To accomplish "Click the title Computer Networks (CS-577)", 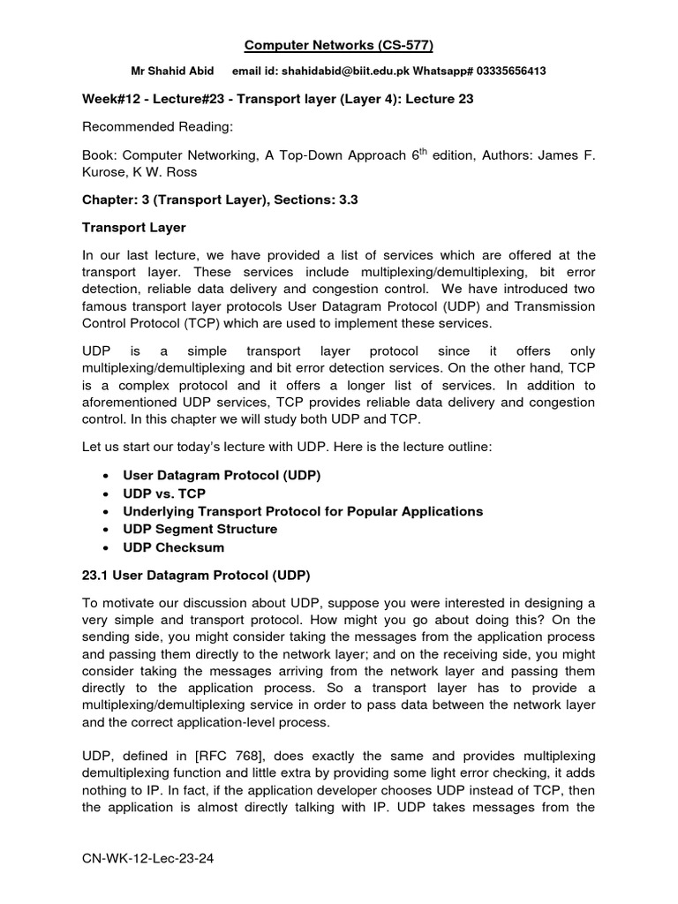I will tap(339, 46).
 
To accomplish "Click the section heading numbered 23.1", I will tap(196, 576).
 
